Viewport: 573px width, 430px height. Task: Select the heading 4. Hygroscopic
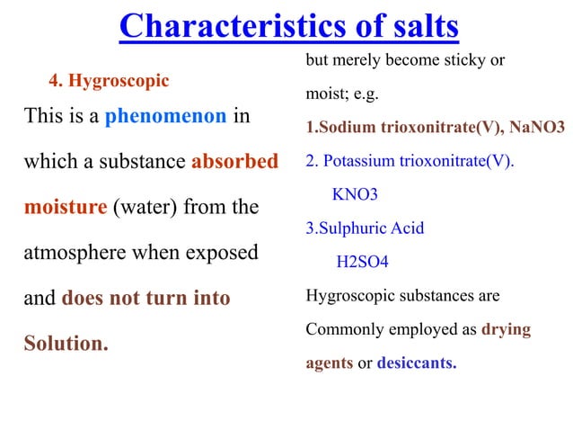click(x=109, y=81)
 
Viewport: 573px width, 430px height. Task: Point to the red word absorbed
click(x=234, y=163)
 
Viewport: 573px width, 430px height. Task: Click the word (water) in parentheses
click(x=145, y=208)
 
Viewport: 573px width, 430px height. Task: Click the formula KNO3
click(x=355, y=194)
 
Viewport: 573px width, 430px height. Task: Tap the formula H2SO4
click(x=362, y=263)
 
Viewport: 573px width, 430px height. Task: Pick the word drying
click(x=506, y=330)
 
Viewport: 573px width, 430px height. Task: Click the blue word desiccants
click(x=416, y=364)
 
